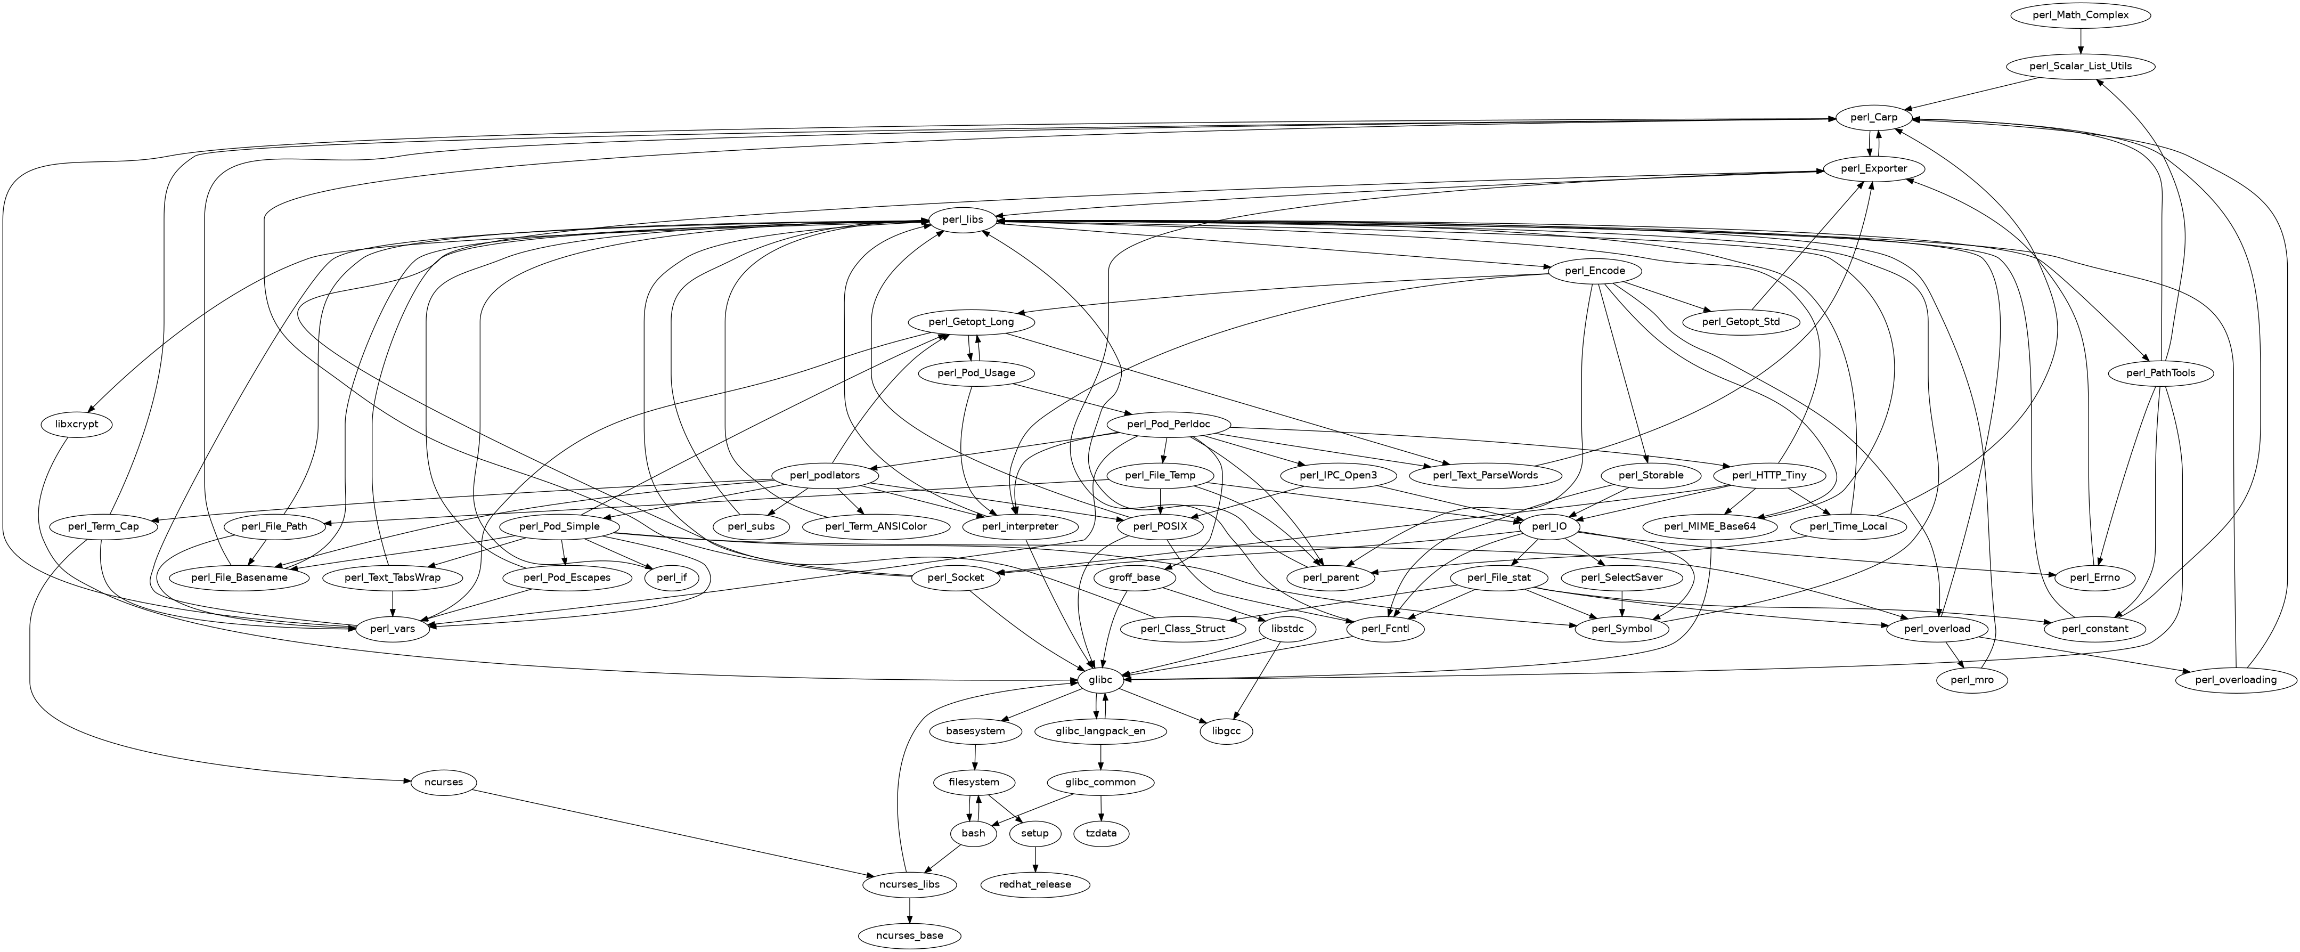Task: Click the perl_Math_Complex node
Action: (x=2081, y=15)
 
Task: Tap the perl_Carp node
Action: (x=1868, y=118)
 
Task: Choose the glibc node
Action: (x=1100, y=680)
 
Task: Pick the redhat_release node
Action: (x=1035, y=884)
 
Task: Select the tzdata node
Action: (x=1101, y=833)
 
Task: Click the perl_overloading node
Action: (x=2234, y=680)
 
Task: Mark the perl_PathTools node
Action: (x=2159, y=373)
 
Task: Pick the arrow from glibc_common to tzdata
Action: (x=1101, y=807)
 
